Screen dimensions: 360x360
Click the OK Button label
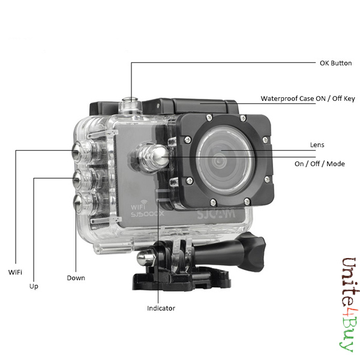(335, 63)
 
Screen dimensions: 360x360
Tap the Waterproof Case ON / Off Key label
(308, 98)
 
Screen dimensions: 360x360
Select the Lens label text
(317, 145)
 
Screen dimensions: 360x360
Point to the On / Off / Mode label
(320, 164)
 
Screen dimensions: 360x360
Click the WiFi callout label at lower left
(15, 272)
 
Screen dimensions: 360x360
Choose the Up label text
(34, 286)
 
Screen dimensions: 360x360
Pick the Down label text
(76, 278)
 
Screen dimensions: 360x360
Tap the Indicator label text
(161, 308)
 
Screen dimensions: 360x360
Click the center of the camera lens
(219, 160)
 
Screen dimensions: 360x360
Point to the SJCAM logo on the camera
(216, 214)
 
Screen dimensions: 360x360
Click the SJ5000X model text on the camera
(148, 214)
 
